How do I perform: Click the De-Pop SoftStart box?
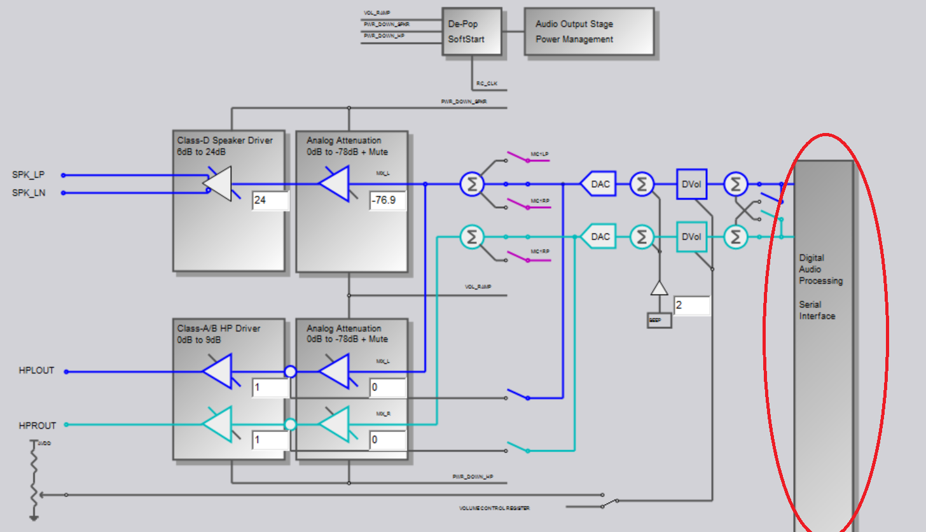click(x=472, y=32)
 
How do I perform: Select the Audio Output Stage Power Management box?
click(x=588, y=32)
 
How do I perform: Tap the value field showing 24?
click(x=270, y=201)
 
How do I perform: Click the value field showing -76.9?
click(x=387, y=201)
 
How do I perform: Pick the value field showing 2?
click(x=691, y=305)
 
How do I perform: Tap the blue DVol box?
click(x=691, y=185)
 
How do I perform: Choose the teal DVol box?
click(x=691, y=237)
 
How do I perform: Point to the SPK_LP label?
click(x=28, y=174)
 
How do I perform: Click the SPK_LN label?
click(x=28, y=192)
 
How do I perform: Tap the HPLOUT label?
click(x=36, y=370)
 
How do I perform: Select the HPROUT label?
click(x=37, y=425)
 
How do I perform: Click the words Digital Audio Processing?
click(x=820, y=269)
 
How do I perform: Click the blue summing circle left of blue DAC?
click(x=472, y=185)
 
